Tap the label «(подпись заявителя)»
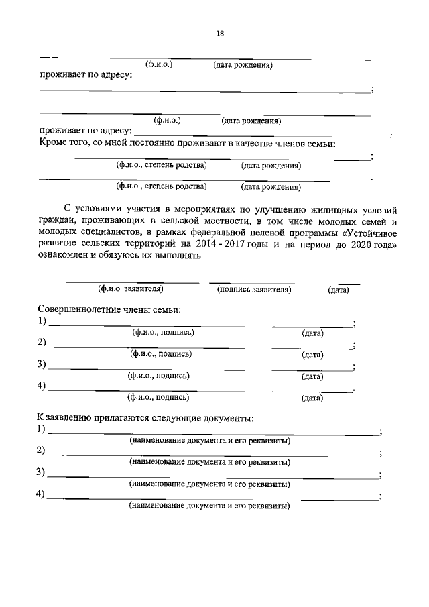point(253,289)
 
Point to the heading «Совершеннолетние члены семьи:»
point(109,309)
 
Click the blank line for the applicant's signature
point(253,282)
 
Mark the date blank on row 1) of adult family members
point(312,325)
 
